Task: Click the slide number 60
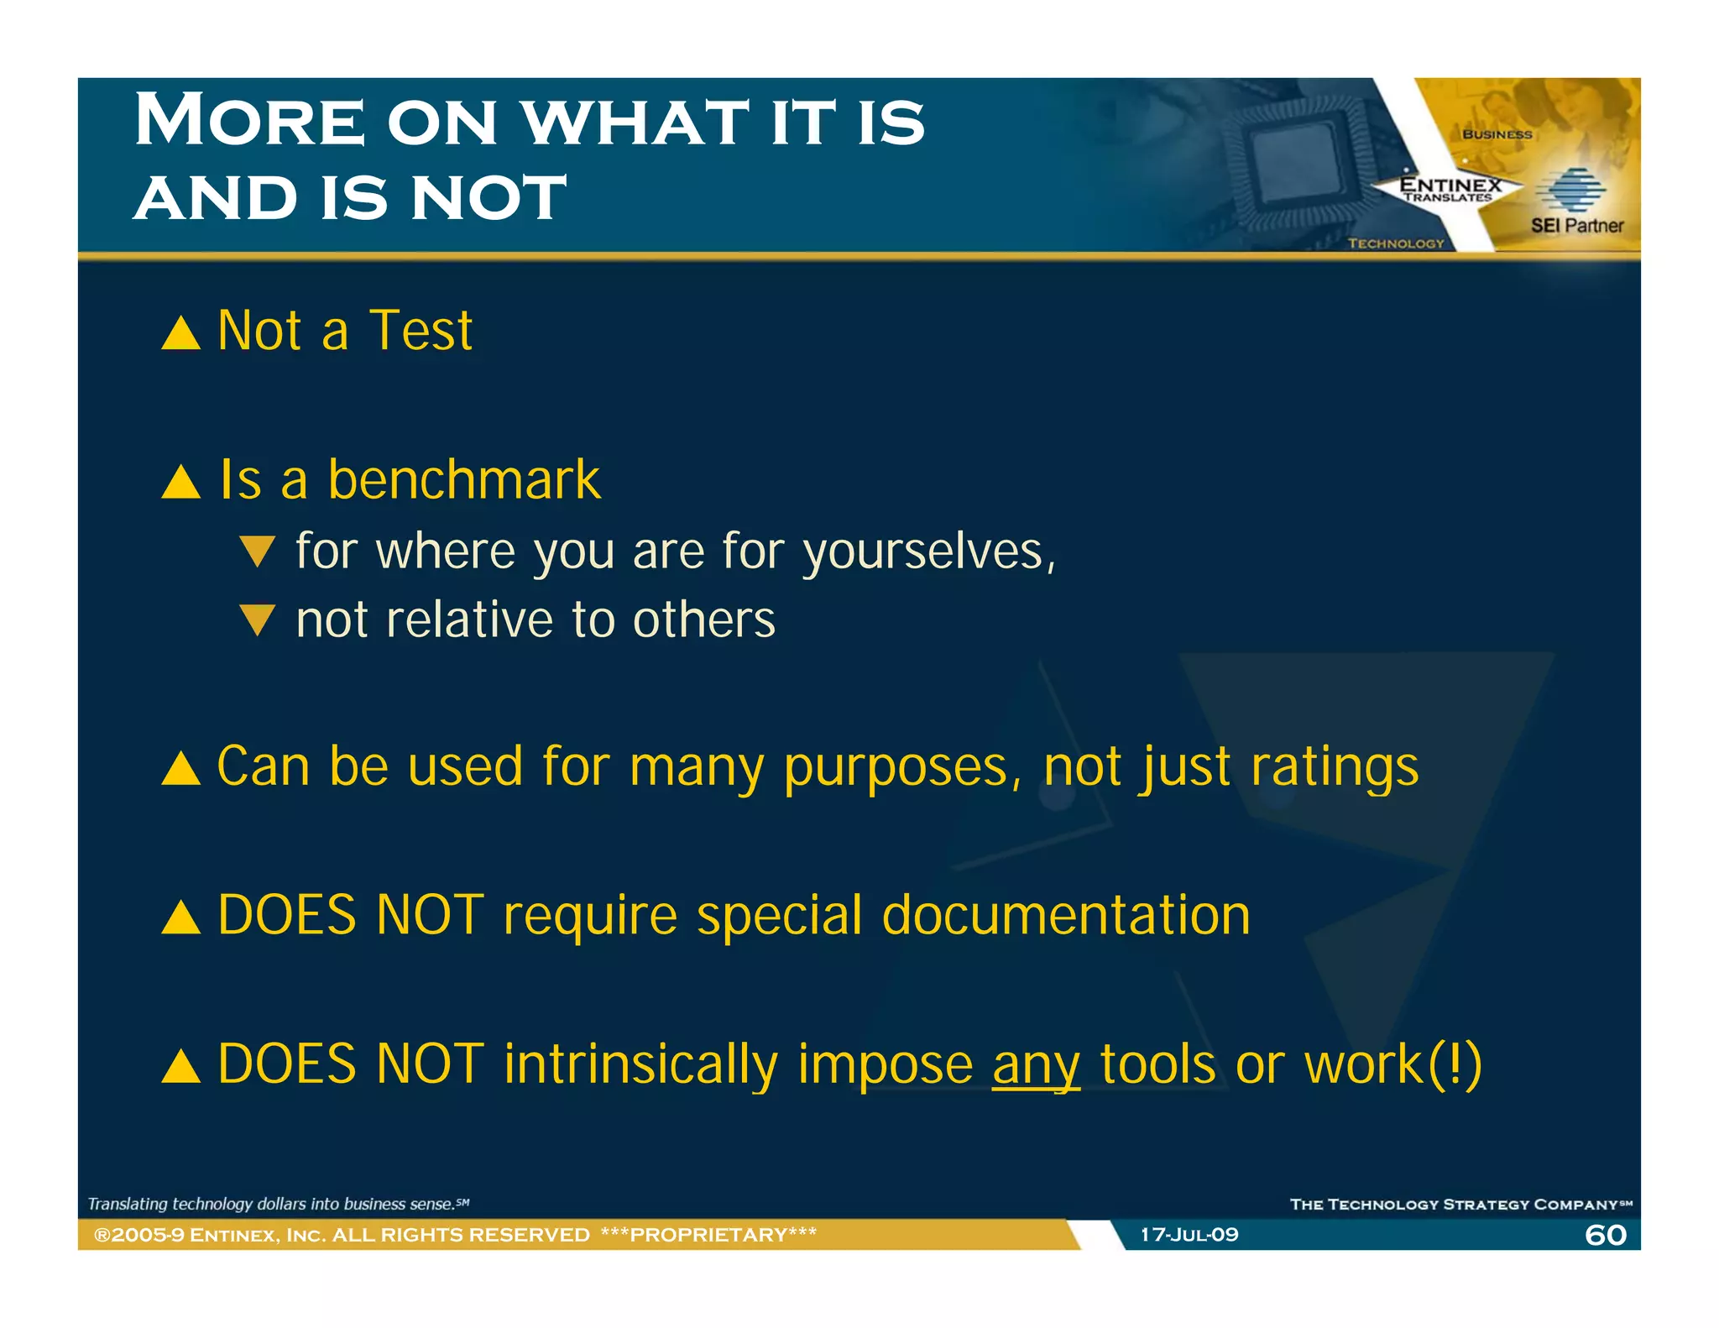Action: click(x=1605, y=1235)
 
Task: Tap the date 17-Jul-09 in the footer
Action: click(x=1189, y=1235)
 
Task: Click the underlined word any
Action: click(x=1036, y=1064)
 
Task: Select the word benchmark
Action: click(x=463, y=480)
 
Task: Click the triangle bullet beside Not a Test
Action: click(x=180, y=333)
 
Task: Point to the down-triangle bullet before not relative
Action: click(x=257, y=620)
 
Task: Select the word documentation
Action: click(x=1066, y=915)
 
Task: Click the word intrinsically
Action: click(x=640, y=1064)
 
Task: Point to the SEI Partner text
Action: click(x=1576, y=225)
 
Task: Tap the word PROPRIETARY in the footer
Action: click(x=708, y=1235)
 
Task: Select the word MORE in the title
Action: click(x=250, y=121)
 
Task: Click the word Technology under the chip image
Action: click(x=1395, y=243)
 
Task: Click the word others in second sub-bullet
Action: click(x=703, y=620)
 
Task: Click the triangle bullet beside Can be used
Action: click(x=180, y=769)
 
